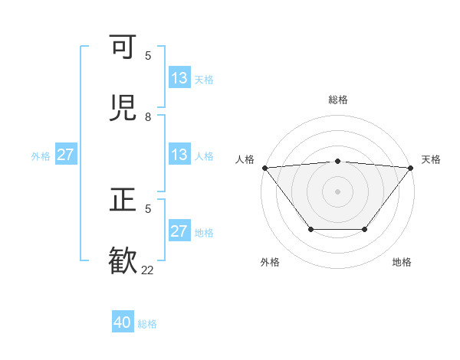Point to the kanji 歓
click(123, 260)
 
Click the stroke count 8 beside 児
click(148, 117)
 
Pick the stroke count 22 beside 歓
click(147, 270)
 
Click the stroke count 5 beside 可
click(148, 56)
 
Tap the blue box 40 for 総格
click(123, 322)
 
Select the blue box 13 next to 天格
click(179, 78)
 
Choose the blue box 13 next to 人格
click(179, 155)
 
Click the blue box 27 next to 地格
click(179, 231)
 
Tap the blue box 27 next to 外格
click(65, 155)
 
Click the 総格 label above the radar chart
click(337, 100)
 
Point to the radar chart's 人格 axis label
click(245, 159)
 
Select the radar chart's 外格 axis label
click(270, 262)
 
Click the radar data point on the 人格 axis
click(264, 168)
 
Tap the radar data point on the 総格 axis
click(337, 161)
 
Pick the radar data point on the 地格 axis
click(365, 229)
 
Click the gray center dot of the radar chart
click(337, 191)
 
